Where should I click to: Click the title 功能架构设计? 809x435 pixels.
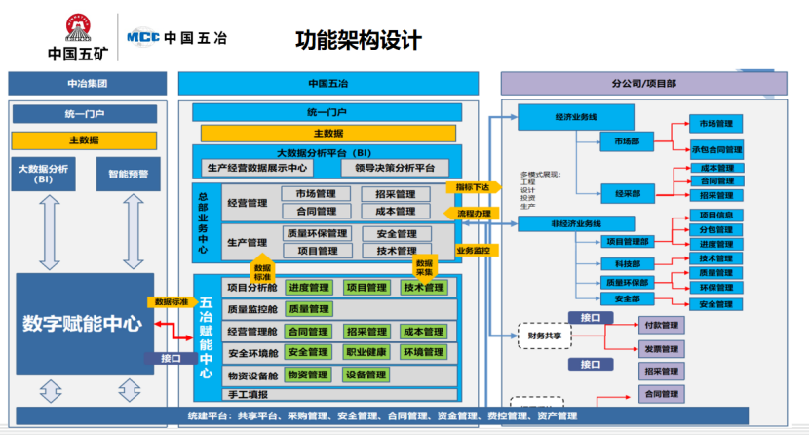[359, 40]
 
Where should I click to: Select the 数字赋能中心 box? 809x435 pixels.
[82, 324]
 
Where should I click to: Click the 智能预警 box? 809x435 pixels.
[129, 174]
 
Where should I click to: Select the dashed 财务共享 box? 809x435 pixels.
[544, 335]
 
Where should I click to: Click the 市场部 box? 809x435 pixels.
[627, 141]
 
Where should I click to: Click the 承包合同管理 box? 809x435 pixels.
[716, 150]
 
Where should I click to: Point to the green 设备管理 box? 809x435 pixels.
[366, 375]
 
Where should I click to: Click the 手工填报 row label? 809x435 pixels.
[247, 395]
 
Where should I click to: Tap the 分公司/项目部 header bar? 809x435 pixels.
[644, 84]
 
